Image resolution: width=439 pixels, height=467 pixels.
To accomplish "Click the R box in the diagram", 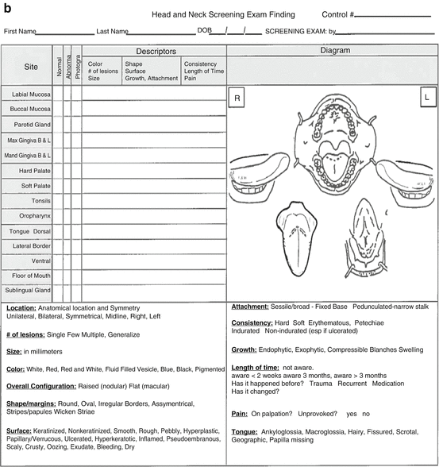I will coord(236,98).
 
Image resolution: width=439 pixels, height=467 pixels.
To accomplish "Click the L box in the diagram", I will coord(426,98).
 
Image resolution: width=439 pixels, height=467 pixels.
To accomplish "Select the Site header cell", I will coord(30,68).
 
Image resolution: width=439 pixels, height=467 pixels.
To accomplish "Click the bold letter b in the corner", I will coord(7,8).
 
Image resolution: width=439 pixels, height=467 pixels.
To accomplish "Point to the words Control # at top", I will coord(339,15).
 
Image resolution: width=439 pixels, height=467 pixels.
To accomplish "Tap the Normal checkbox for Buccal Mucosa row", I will coord(58,110).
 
